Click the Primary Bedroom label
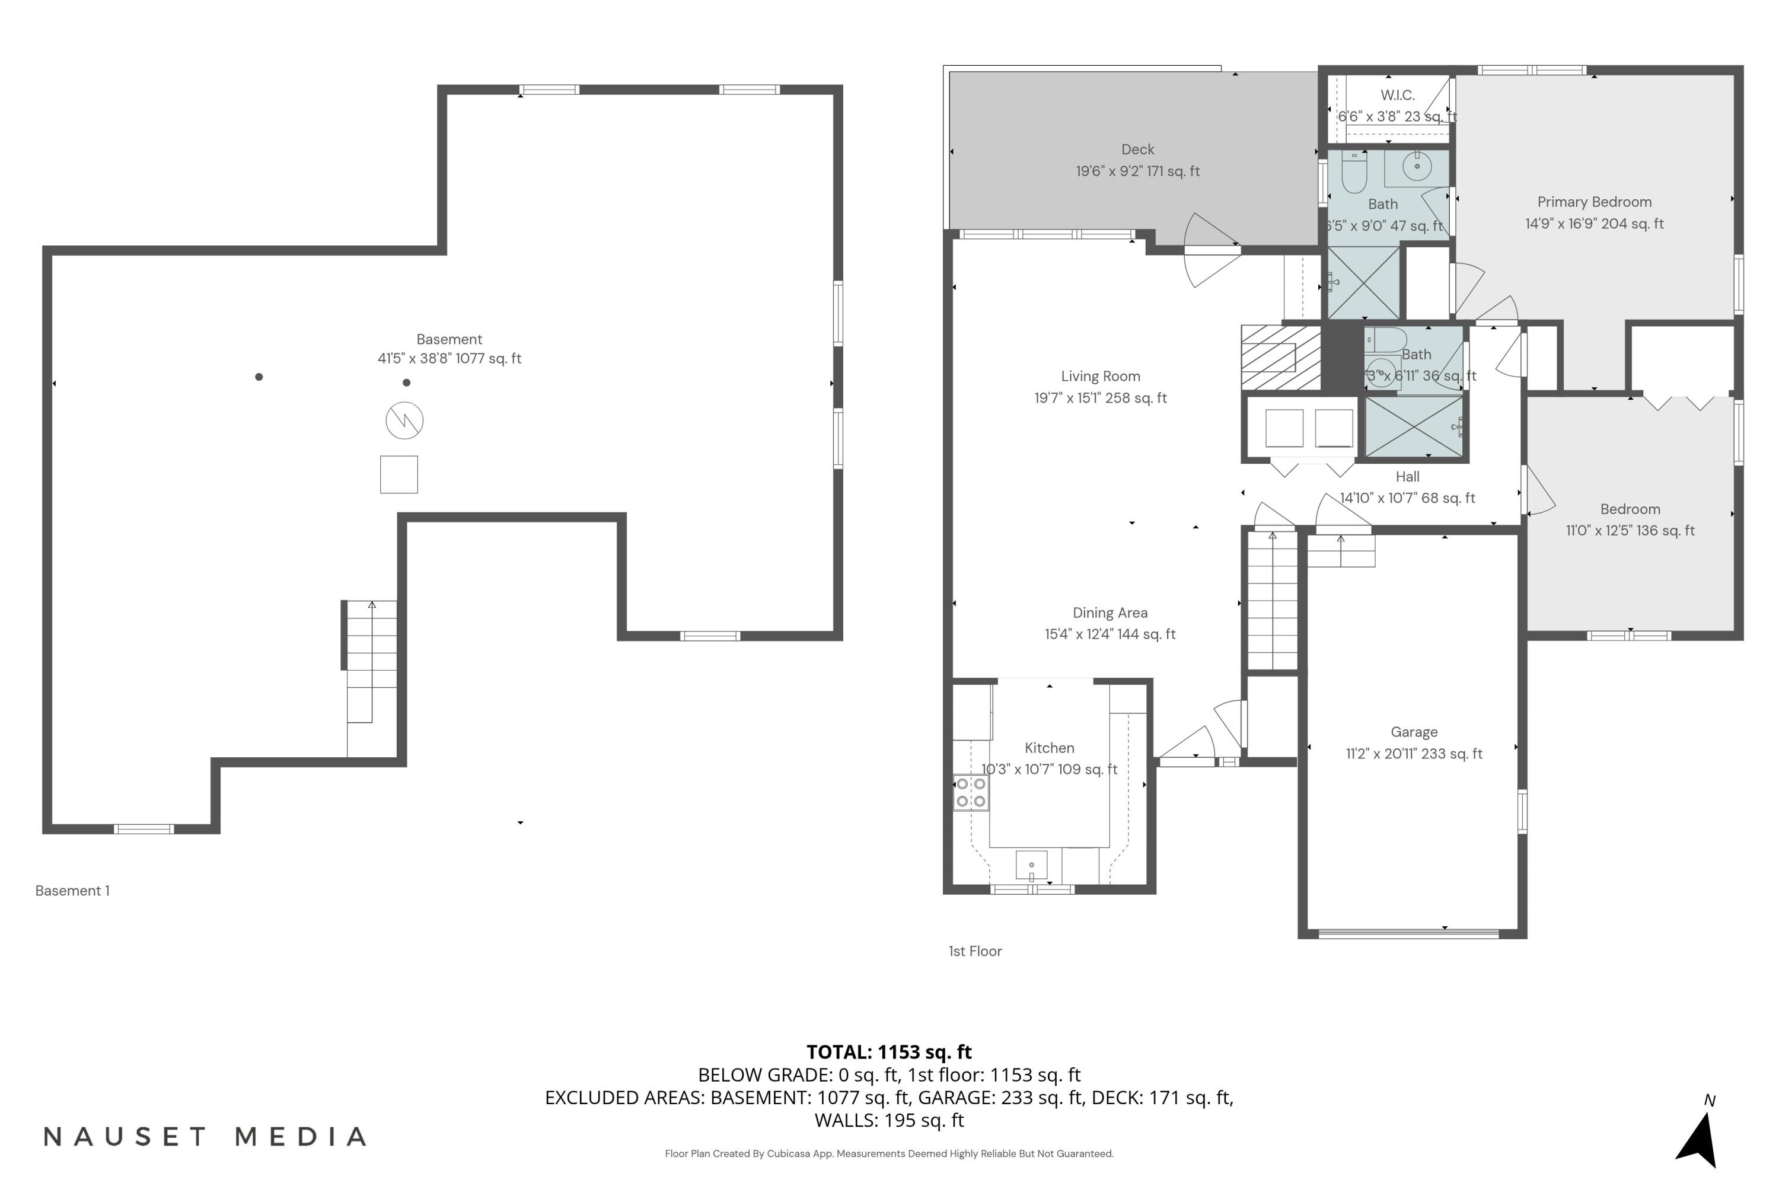pyautogui.click(x=1594, y=202)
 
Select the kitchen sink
pyautogui.click(x=1031, y=865)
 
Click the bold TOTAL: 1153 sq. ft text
pyautogui.click(x=889, y=1052)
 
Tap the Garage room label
pyautogui.click(x=1414, y=732)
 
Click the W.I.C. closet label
pyautogui.click(x=1397, y=95)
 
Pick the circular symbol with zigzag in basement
pyautogui.click(x=404, y=420)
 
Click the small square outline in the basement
pyautogui.click(x=398, y=475)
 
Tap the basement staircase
pyautogui.click(x=371, y=665)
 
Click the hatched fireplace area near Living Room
pyautogui.click(x=1280, y=358)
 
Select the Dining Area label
pyautogui.click(x=1110, y=613)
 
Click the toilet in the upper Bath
pyautogui.click(x=1354, y=173)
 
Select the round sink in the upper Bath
pyautogui.click(x=1417, y=165)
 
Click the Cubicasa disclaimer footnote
pyautogui.click(x=889, y=1153)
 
